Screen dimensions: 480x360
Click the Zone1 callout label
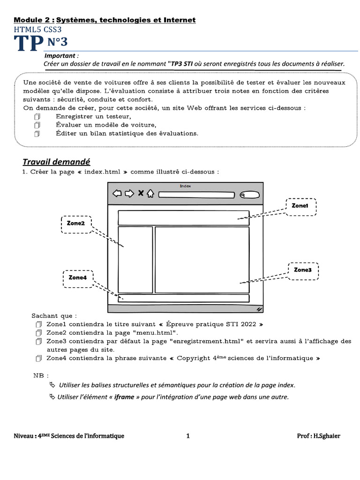click(x=300, y=206)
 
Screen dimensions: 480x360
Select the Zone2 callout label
click(x=76, y=224)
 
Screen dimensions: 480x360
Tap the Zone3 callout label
click(x=303, y=270)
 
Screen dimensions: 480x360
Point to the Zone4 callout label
click(x=78, y=277)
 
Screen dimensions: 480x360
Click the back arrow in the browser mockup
click(x=117, y=194)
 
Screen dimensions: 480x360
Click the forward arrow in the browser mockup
click(x=129, y=194)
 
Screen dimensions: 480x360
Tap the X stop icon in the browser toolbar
click(x=140, y=194)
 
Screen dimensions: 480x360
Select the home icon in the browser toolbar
click(x=150, y=194)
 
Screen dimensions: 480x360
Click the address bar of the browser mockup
click(x=196, y=195)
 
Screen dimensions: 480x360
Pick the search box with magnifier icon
click(x=249, y=195)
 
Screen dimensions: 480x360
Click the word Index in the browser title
click(x=185, y=186)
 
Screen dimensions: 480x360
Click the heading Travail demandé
click(x=56, y=162)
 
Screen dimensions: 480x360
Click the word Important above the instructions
click(x=67, y=56)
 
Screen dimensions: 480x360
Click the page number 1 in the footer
click(x=188, y=436)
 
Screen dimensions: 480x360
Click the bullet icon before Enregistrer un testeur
click(x=38, y=116)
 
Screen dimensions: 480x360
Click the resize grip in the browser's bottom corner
click(x=259, y=309)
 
